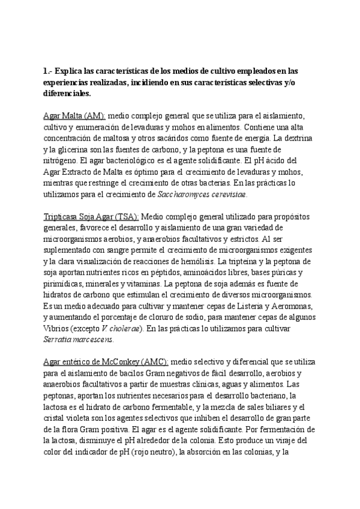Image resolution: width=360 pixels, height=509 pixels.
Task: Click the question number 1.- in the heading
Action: click(48, 71)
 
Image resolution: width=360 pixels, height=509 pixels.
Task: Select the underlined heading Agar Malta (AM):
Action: click(74, 115)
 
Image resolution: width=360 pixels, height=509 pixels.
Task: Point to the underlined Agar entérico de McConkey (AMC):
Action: click(106, 362)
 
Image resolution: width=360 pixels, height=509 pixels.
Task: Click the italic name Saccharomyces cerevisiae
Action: click(202, 194)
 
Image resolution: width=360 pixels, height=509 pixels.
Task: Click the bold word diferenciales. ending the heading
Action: click(67, 93)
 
